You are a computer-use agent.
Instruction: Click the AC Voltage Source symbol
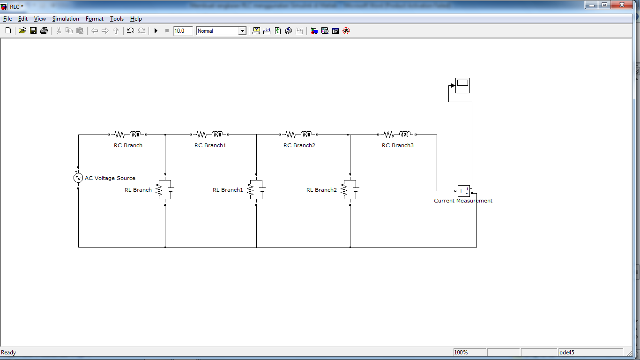(x=78, y=178)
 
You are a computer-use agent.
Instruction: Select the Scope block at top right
(x=462, y=85)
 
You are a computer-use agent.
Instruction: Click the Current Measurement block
(x=464, y=191)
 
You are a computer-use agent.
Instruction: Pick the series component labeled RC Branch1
(x=209, y=135)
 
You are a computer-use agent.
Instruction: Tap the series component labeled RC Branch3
(x=397, y=135)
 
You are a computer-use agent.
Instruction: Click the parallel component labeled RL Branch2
(x=350, y=189)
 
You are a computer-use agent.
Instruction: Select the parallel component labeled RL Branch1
(x=256, y=189)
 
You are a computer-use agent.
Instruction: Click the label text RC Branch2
(x=299, y=145)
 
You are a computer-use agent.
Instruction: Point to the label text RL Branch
(x=138, y=190)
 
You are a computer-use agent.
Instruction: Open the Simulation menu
(x=66, y=19)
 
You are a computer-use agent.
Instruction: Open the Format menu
(x=95, y=19)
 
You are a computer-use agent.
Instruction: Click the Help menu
(x=136, y=19)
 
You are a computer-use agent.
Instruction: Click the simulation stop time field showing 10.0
(x=183, y=31)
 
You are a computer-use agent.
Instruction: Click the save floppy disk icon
(x=33, y=31)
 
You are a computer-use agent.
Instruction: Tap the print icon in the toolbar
(x=44, y=31)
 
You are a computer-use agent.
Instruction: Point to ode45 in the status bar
(x=567, y=352)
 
